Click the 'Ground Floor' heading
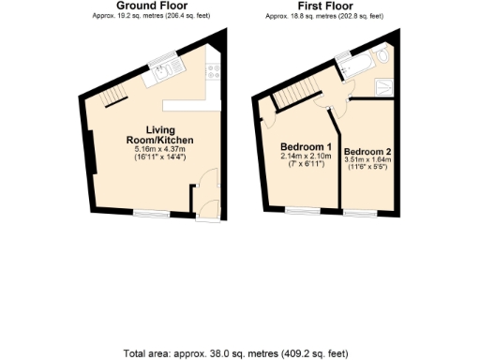click(149, 6)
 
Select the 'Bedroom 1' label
click(307, 147)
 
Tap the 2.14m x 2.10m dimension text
click(307, 157)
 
